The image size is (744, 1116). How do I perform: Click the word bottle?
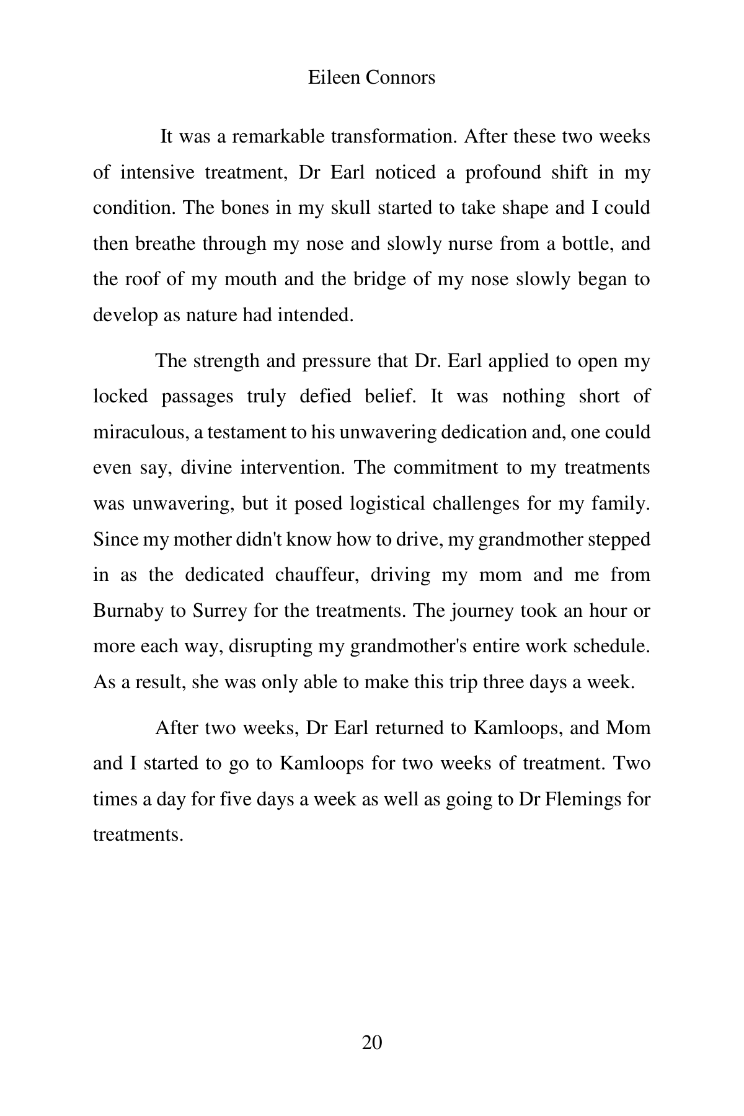click(x=587, y=244)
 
